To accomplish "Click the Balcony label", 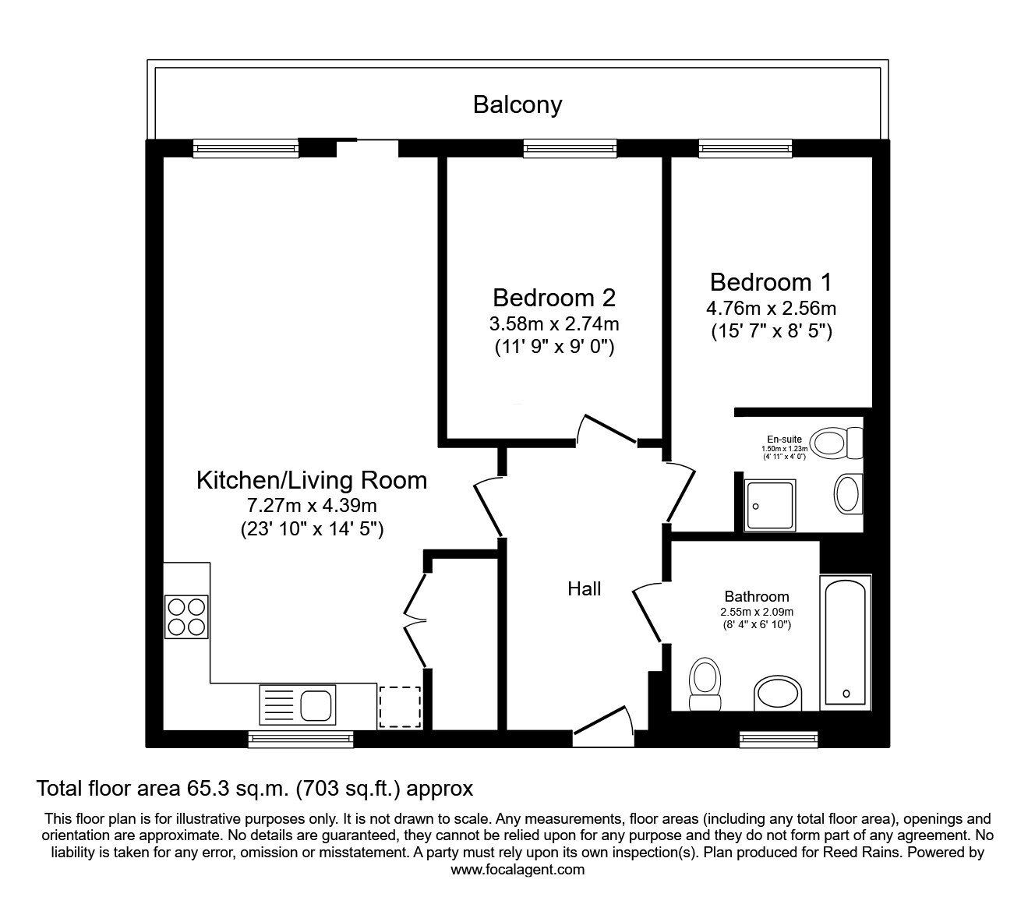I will [517, 104].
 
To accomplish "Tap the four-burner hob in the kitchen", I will [186, 616].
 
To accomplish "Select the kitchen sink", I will [297, 705].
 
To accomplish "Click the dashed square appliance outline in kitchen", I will [400, 707].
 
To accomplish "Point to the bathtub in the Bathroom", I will [845, 642].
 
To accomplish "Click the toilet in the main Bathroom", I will [706, 684].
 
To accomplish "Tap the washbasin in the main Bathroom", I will [778, 694].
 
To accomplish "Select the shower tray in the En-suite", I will [769, 505].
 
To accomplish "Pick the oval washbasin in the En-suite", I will [847, 493].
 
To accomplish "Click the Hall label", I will [584, 589].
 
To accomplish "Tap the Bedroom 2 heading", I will [554, 298].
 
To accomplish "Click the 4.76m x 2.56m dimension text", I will [772, 308].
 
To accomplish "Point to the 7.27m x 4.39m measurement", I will [311, 506].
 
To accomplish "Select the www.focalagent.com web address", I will [517, 870].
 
